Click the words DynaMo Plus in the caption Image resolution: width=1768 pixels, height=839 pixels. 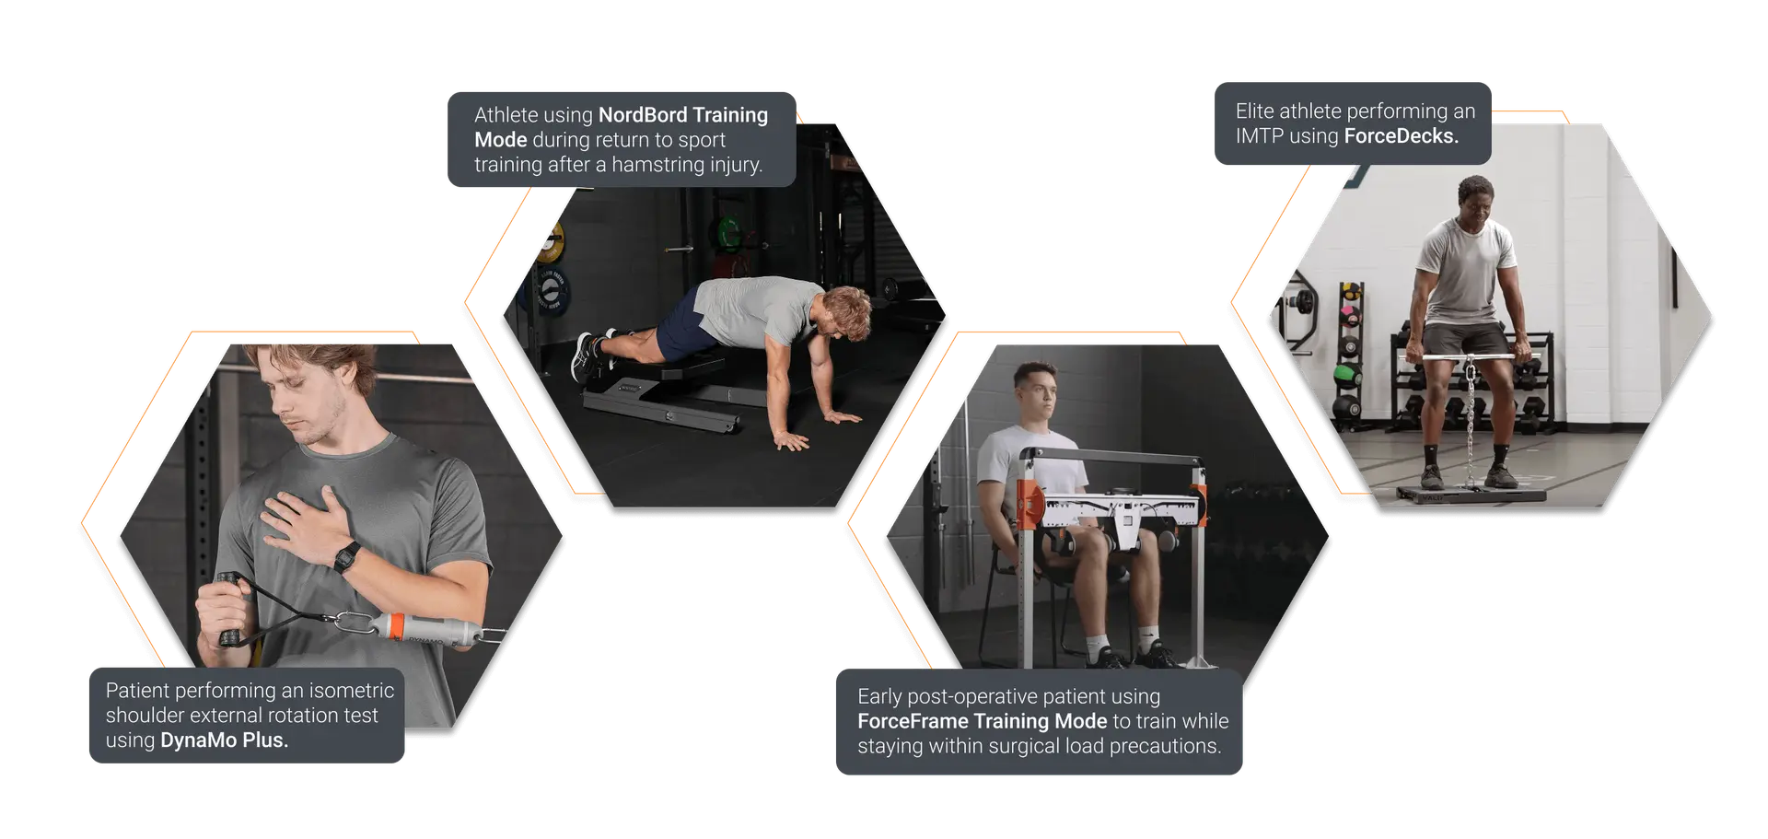224,740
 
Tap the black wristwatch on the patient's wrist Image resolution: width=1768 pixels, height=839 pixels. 347,557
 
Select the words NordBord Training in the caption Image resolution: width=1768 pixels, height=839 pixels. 682,115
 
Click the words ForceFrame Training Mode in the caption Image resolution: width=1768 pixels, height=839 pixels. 982,721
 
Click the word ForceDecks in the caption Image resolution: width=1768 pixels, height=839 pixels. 1401,136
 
